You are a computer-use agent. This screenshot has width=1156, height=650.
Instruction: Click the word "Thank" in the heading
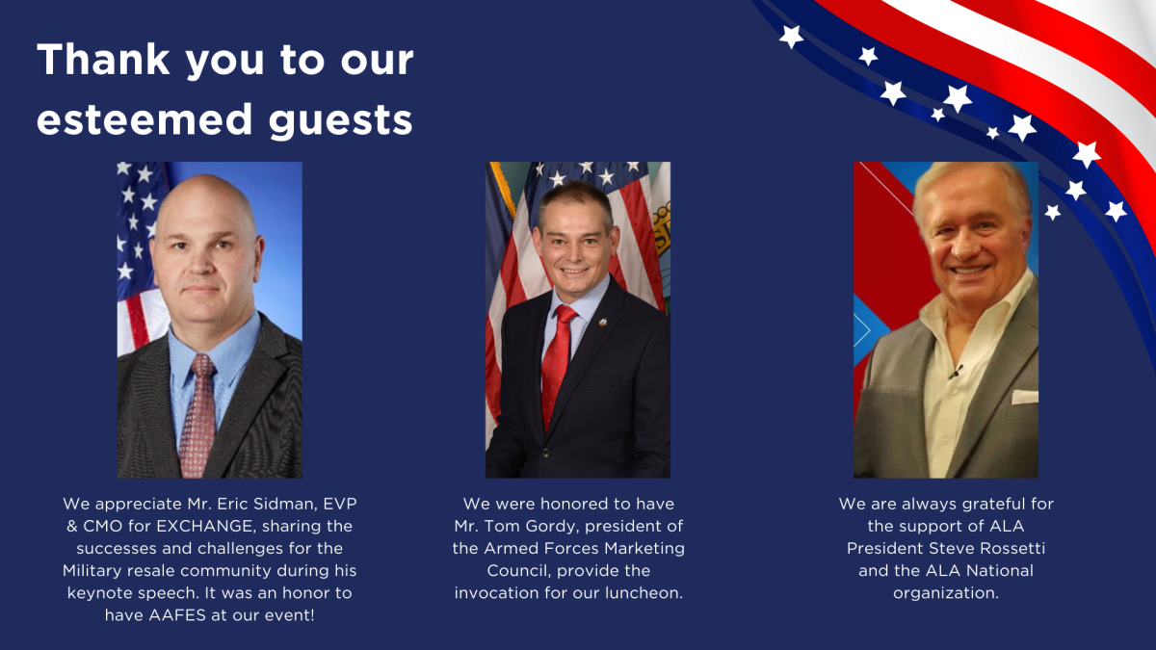[104, 60]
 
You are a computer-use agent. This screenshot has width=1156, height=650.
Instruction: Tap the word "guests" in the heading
[341, 121]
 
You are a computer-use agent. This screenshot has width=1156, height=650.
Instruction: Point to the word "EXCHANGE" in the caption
[205, 526]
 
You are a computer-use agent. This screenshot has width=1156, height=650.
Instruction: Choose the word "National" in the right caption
[1000, 570]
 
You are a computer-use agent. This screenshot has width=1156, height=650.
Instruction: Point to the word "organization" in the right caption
[946, 594]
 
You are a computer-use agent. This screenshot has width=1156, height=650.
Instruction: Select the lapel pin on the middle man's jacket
[602, 323]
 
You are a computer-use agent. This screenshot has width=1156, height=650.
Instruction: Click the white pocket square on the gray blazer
[1024, 397]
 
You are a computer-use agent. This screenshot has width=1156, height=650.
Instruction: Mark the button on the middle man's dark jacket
[545, 454]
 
